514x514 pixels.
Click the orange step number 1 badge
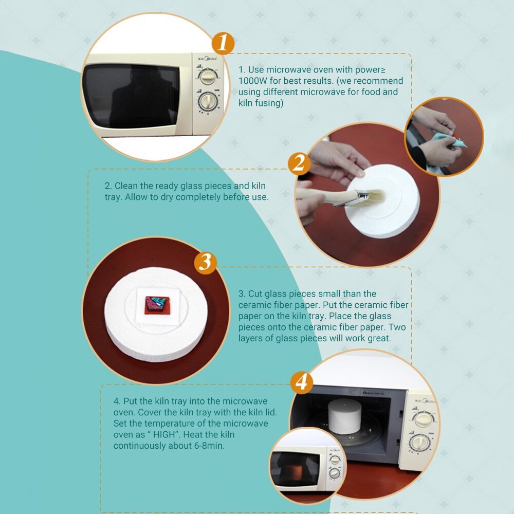(x=223, y=43)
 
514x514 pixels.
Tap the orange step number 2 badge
(x=299, y=163)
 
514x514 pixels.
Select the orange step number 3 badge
(x=205, y=263)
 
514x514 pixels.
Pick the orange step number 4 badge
(x=301, y=382)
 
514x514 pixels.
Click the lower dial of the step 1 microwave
(x=208, y=102)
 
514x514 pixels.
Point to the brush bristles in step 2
(x=375, y=197)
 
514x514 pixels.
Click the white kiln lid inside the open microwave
(x=344, y=416)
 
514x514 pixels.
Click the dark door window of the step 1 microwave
(x=131, y=96)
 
